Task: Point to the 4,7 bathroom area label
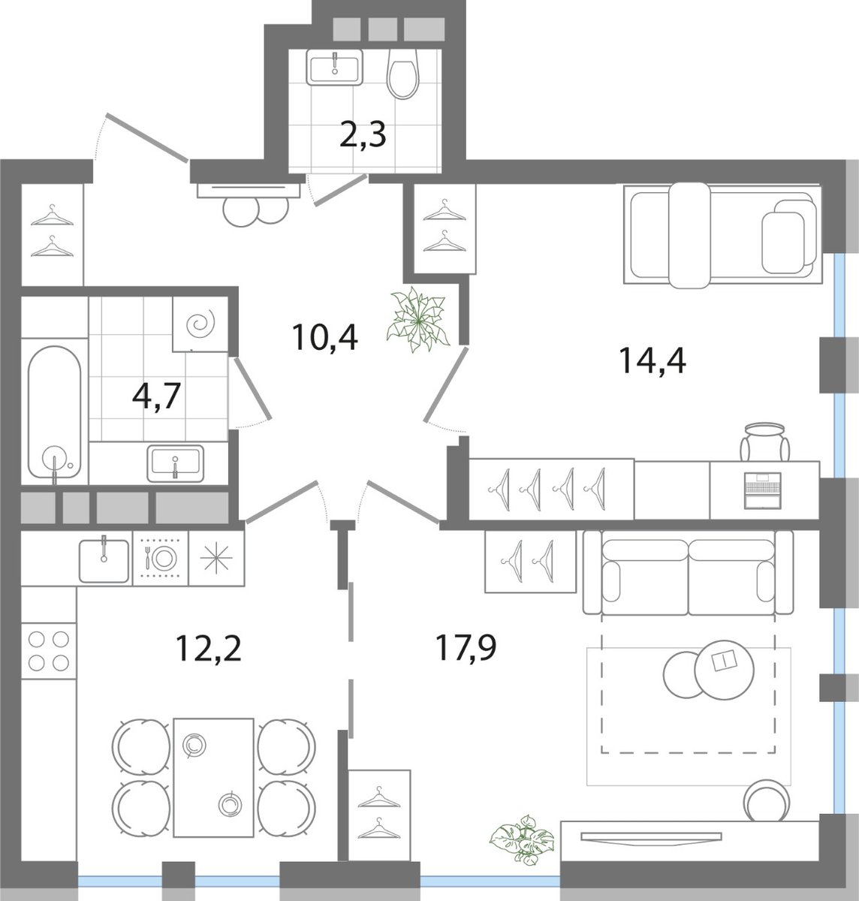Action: tap(157, 396)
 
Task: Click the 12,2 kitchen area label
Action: tap(208, 649)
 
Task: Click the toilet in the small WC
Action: tap(403, 74)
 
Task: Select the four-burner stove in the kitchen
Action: tap(48, 651)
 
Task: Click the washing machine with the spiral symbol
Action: tap(200, 324)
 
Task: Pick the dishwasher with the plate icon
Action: tap(161, 558)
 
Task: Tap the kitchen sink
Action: tap(104, 560)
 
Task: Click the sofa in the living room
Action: tap(688, 572)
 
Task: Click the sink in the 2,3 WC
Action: tap(335, 67)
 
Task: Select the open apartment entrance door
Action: tap(146, 137)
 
